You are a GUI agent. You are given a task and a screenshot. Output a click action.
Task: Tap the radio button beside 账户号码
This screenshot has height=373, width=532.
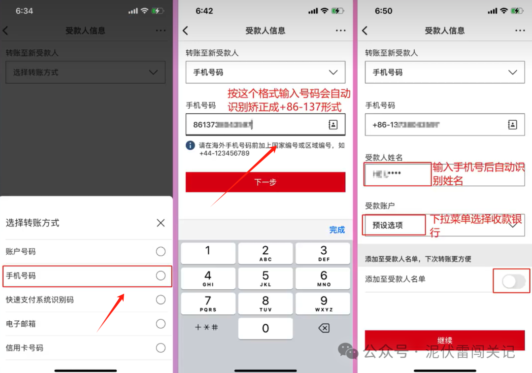tap(161, 252)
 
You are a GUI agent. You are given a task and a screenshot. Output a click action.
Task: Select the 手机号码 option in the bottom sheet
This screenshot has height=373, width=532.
tap(21, 276)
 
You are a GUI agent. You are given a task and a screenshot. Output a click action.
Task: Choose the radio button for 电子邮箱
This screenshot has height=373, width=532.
tap(161, 324)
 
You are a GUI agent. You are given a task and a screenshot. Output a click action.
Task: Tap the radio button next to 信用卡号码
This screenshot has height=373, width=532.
tap(161, 348)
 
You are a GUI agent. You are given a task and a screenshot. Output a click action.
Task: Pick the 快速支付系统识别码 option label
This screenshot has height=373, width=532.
tap(40, 300)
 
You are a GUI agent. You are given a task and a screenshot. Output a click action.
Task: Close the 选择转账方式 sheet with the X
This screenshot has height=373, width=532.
tap(161, 223)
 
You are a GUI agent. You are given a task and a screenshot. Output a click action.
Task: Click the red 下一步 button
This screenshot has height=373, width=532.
tap(266, 182)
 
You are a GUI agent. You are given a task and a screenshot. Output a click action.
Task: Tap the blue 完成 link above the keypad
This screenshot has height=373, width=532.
tap(337, 230)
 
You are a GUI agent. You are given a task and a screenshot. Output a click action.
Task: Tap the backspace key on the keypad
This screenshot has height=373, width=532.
tap(324, 328)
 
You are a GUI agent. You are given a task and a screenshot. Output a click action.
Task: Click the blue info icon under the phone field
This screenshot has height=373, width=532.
tap(190, 145)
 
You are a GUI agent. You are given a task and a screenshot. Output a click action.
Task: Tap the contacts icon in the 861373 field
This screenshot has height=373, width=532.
tap(333, 125)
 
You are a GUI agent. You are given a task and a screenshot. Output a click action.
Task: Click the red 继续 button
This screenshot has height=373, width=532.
tap(445, 340)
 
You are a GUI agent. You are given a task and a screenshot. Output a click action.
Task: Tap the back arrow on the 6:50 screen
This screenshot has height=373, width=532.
tap(365, 31)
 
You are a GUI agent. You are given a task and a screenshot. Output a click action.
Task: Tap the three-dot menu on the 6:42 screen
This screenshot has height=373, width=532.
tap(340, 31)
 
